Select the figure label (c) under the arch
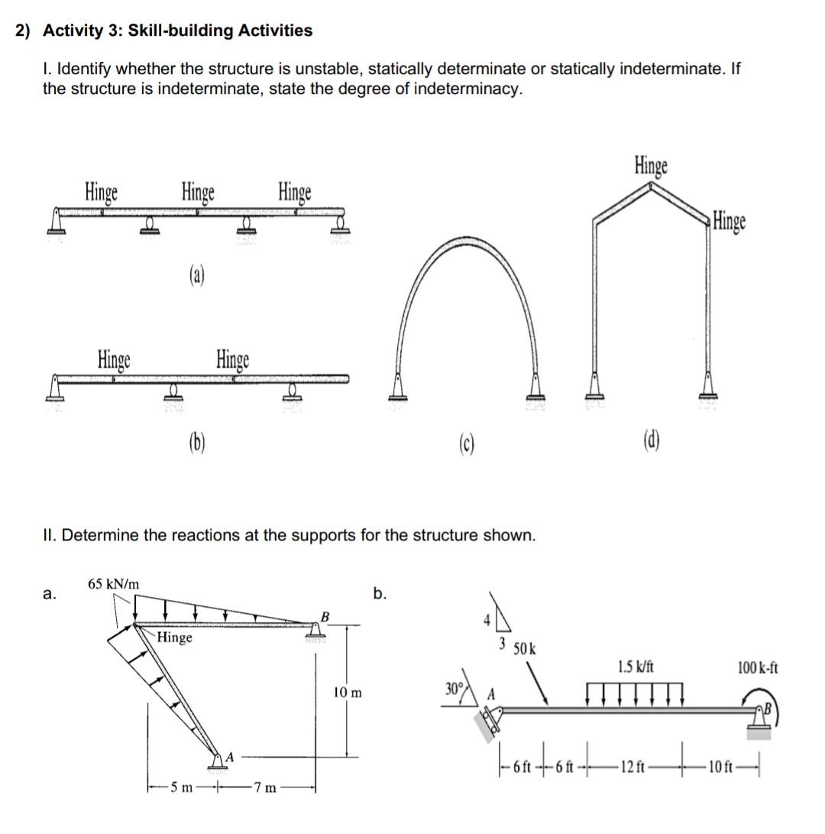point(466,443)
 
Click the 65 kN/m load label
point(114,584)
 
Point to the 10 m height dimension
point(348,693)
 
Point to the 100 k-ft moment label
point(758,667)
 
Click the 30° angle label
point(455,684)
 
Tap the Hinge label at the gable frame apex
point(651,165)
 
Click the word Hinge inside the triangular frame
point(175,638)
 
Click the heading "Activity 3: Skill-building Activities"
point(177,31)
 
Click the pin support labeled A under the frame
point(218,759)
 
